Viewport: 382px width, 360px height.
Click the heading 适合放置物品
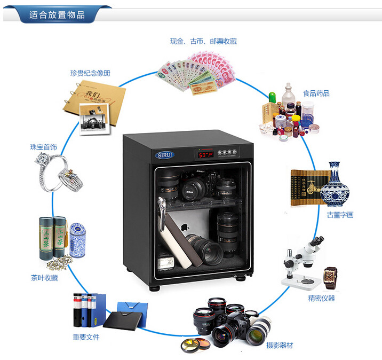coord(57,14)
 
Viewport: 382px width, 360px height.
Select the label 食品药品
coord(316,93)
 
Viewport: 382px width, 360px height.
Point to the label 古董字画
coord(340,215)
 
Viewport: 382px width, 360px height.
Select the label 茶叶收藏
coord(44,278)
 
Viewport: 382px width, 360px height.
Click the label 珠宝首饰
coord(43,146)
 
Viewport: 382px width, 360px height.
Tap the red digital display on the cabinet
coord(204,155)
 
